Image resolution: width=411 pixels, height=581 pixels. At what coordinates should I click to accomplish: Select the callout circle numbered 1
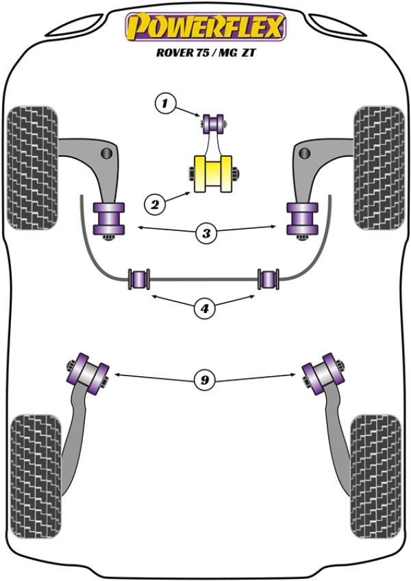tap(164, 104)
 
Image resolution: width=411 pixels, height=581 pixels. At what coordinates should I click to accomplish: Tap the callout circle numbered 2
tap(154, 203)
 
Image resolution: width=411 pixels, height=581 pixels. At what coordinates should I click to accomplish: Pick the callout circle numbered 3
tap(206, 234)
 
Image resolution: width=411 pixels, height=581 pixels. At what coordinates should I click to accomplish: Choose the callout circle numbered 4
tap(203, 309)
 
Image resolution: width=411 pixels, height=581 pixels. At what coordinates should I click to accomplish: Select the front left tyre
tap(32, 167)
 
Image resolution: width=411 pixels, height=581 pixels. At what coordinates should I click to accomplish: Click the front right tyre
tap(378, 167)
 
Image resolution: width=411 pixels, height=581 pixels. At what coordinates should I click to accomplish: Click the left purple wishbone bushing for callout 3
tap(109, 218)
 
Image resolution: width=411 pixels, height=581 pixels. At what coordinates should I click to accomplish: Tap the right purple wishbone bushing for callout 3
tap(301, 218)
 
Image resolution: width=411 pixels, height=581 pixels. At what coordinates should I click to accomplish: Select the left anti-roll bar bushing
tap(140, 280)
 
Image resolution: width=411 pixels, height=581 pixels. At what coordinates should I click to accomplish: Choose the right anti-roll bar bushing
tap(269, 280)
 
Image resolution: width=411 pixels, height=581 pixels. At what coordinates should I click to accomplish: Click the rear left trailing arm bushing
tap(87, 372)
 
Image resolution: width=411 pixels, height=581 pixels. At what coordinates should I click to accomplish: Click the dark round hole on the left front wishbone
tap(107, 152)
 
